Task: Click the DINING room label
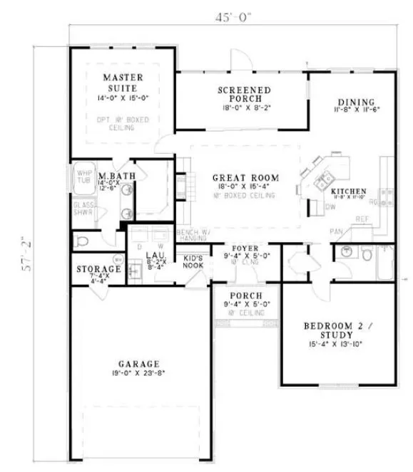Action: point(356,102)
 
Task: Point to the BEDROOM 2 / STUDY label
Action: point(337,330)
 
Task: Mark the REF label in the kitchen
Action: point(362,220)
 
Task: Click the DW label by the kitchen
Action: point(330,208)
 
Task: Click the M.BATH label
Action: point(113,175)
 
